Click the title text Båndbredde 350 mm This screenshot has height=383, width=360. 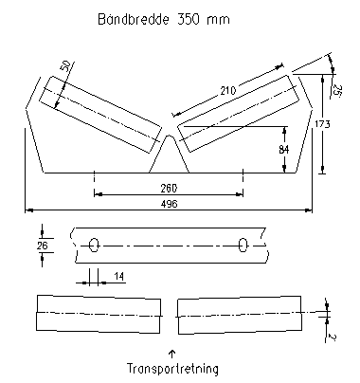pos(164,19)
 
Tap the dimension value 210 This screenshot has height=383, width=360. pos(228,91)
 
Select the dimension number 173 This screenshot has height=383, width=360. pos(322,124)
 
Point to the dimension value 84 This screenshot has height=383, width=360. pos(284,149)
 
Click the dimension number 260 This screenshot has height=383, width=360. pos(169,189)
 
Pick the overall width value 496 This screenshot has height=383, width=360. pos(170,204)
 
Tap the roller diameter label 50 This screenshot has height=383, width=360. pos(65,67)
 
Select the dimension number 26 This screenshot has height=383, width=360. pos(42,246)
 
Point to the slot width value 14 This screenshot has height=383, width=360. pos(118,277)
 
